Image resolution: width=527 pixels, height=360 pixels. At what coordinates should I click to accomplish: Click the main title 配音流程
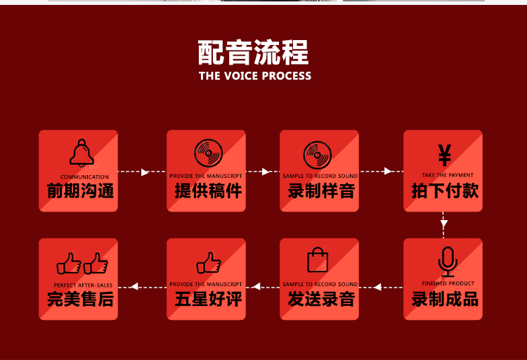click(254, 53)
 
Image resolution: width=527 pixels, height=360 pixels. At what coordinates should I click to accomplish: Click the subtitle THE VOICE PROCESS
click(254, 76)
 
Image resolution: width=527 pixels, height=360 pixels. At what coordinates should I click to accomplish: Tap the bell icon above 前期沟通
click(82, 153)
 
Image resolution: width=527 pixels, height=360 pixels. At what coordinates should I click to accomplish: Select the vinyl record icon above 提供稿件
click(209, 153)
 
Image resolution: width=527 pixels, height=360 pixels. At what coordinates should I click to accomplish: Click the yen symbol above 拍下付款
click(444, 154)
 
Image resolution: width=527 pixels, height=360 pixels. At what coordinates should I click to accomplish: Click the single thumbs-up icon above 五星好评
click(209, 263)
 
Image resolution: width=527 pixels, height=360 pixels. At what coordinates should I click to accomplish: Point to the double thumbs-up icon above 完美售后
click(82, 264)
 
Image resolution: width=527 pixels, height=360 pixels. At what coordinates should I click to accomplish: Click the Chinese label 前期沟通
click(80, 191)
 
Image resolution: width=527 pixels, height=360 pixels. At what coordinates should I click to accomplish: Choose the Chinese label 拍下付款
click(445, 191)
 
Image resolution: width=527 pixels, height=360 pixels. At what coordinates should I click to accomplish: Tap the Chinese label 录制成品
click(445, 299)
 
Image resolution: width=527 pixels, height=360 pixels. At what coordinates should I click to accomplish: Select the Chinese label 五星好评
click(208, 299)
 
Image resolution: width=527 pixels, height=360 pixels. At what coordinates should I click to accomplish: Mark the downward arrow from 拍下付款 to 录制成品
click(444, 225)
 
